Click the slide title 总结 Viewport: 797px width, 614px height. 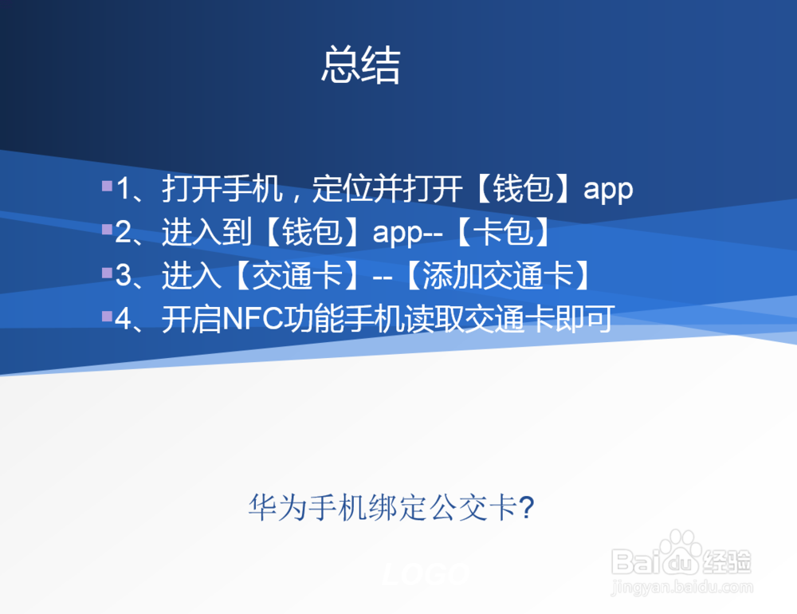click(x=360, y=65)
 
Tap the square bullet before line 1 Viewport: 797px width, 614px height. click(x=107, y=186)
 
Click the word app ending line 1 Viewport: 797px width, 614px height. click(x=608, y=191)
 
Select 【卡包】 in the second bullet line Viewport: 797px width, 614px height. click(x=504, y=234)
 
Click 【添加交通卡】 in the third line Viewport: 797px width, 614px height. click(x=497, y=277)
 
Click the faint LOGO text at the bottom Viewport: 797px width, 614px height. click(x=424, y=574)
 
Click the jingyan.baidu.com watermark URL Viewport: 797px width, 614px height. click(x=681, y=588)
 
